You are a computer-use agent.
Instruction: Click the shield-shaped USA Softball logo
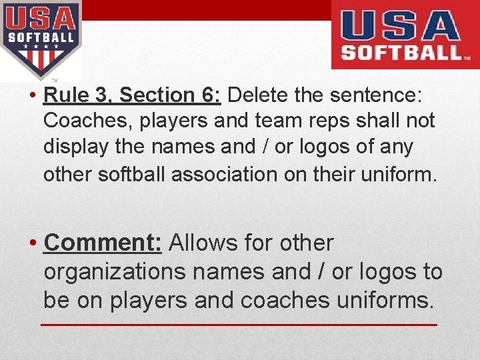[41, 39]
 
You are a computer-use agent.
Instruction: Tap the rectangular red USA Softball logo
[405, 35]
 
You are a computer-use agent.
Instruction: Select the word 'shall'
[378, 121]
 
